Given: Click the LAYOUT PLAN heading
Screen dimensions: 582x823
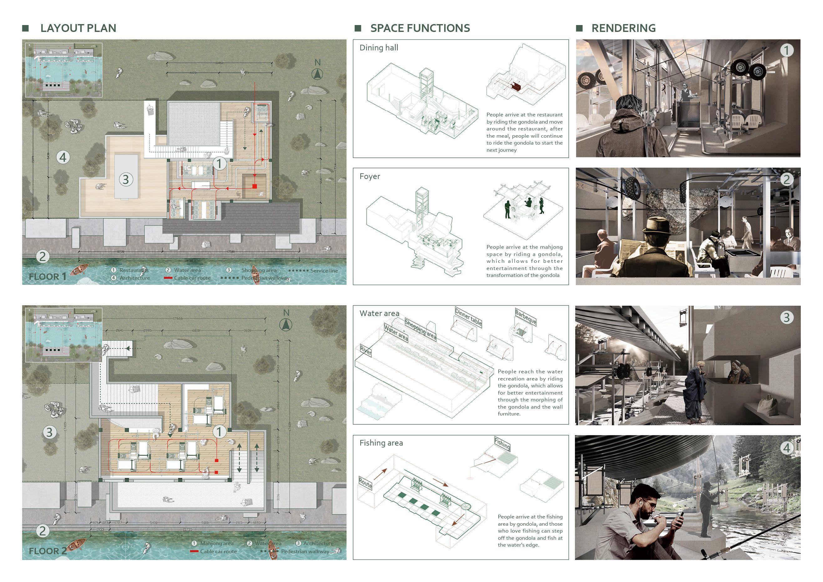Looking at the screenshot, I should click(x=78, y=28).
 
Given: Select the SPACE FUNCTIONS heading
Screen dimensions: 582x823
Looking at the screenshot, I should click(x=420, y=28).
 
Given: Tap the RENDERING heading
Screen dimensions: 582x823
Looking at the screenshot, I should click(x=623, y=28).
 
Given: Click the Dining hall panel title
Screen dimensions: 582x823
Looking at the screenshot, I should click(x=378, y=48).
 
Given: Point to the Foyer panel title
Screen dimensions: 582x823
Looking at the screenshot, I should click(x=369, y=176).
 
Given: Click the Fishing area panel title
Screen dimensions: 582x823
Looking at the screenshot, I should click(x=381, y=443).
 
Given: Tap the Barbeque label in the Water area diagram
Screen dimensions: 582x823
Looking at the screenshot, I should click(x=526, y=316).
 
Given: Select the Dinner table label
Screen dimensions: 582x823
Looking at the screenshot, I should click(x=468, y=317).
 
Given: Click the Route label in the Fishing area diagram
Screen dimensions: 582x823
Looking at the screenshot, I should click(x=365, y=483).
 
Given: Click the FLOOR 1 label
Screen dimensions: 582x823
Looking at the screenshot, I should click(x=47, y=277).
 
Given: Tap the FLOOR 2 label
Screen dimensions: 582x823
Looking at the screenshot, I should click(x=48, y=551).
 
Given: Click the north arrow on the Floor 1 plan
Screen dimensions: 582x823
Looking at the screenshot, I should click(x=317, y=74).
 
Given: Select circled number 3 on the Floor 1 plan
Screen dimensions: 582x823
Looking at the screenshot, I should click(x=125, y=179).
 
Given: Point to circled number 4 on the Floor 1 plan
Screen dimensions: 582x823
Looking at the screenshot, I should click(x=63, y=157).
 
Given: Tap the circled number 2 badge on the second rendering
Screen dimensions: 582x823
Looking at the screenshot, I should click(x=786, y=179).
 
